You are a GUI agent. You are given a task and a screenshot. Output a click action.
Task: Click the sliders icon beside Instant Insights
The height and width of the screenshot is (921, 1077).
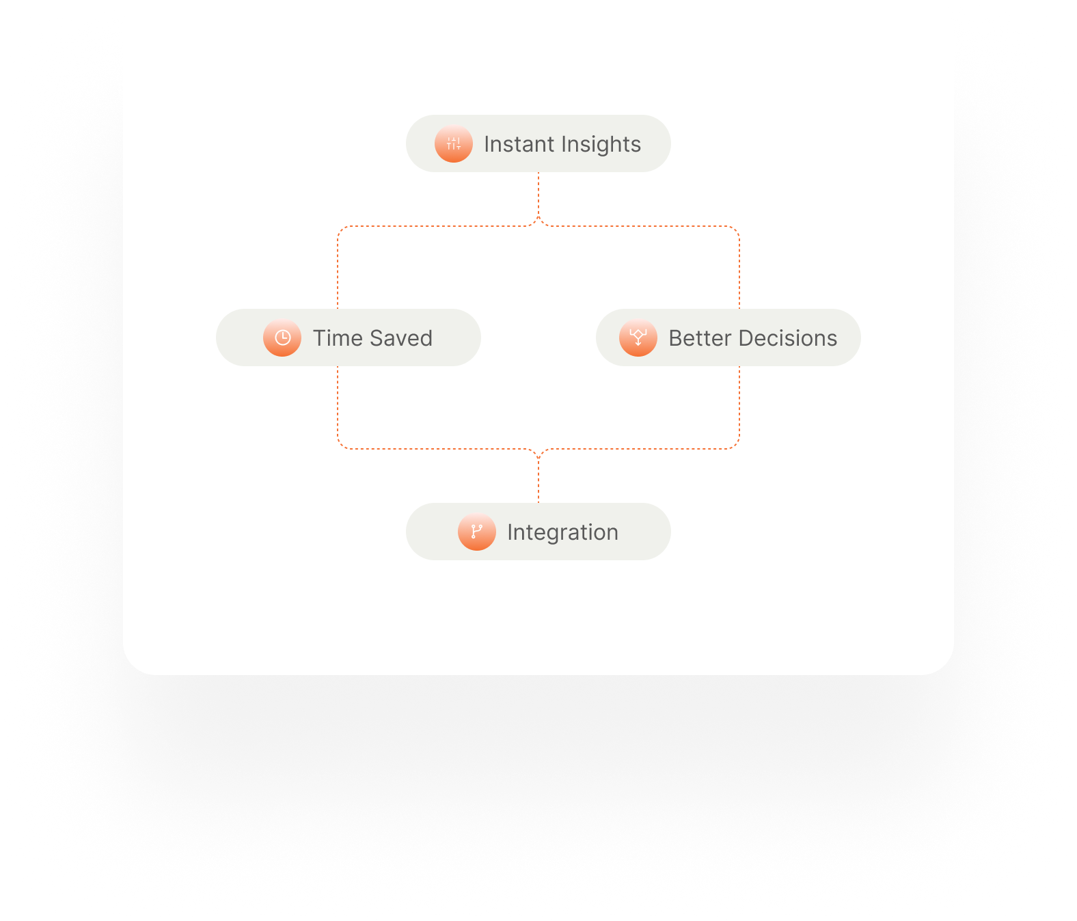tap(454, 143)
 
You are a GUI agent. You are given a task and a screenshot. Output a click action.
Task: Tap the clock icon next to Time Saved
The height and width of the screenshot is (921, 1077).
tap(282, 338)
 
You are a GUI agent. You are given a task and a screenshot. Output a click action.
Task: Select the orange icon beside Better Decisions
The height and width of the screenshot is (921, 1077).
tap(638, 338)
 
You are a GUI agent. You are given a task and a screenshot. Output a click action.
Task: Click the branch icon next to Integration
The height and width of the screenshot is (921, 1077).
tap(477, 532)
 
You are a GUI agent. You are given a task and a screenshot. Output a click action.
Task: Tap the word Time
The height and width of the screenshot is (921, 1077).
tap(338, 338)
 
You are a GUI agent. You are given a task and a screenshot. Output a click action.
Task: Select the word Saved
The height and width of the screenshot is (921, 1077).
tap(401, 338)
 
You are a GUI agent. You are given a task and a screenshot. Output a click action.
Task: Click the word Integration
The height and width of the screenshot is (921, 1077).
tap(562, 532)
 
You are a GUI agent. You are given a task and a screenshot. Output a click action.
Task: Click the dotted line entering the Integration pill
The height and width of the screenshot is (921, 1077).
tap(538, 482)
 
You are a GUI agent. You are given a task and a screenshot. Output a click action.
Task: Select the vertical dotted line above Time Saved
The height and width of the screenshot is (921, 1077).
tap(338, 270)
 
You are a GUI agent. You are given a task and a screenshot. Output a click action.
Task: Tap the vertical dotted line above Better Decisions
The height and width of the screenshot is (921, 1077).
tap(739, 270)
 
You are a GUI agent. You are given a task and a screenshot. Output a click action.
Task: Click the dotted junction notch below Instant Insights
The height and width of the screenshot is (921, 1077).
tap(538, 221)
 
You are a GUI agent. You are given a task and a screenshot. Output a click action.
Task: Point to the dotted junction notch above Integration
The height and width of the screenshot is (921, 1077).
tap(538, 454)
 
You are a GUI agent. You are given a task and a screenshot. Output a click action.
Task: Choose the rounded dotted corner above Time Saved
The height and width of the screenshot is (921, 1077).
tap(341, 230)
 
